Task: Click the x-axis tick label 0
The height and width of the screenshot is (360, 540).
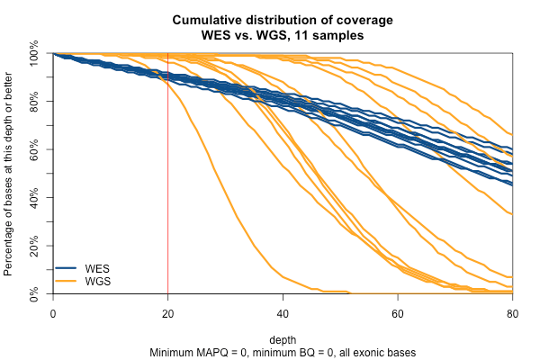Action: tap(53, 312)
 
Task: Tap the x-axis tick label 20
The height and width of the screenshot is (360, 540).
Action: tap(167, 312)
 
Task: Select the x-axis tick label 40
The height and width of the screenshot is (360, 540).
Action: tap(283, 312)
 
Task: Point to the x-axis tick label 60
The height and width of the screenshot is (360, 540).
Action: tap(397, 312)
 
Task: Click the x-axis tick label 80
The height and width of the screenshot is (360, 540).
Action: tap(512, 312)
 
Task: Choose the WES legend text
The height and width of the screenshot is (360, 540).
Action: tap(96, 268)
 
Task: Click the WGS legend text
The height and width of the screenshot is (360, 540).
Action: tap(96, 282)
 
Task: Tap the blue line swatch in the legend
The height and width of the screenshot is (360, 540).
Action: tap(68, 268)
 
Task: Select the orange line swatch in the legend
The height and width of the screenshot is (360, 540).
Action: tap(68, 282)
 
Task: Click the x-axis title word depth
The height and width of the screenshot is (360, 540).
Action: tap(283, 339)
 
